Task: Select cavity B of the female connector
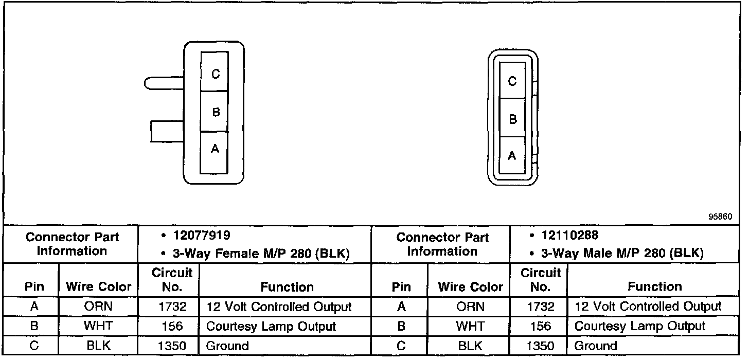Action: coord(215,112)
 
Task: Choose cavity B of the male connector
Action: coord(512,118)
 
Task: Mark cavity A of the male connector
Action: coord(512,156)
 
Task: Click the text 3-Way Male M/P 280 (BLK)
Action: coord(623,254)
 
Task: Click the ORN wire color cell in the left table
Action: coord(98,307)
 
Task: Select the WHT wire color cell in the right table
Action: coord(470,326)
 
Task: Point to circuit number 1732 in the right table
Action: coord(540,307)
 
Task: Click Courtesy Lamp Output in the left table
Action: coord(271,326)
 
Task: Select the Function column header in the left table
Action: coord(287,286)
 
